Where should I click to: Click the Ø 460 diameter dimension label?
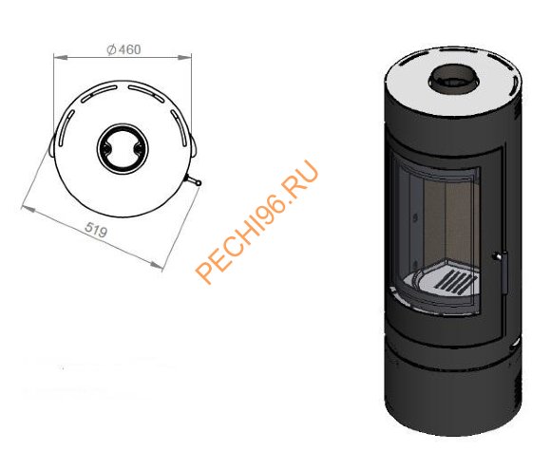tap(123, 49)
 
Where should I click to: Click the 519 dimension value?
tap(96, 231)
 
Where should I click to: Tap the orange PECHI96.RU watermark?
tap(256, 222)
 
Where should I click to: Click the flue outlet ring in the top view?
tap(123, 148)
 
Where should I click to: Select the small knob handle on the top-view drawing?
tap(193, 180)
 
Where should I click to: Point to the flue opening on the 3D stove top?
tap(453, 79)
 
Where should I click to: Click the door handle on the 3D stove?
tap(502, 271)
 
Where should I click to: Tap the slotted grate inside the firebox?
tap(455, 282)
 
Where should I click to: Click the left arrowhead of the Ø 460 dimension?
tap(61, 57)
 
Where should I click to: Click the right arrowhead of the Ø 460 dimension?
tap(184, 57)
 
